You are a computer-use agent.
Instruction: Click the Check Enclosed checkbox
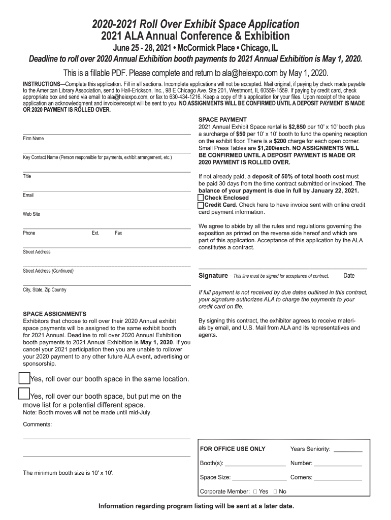(201, 198)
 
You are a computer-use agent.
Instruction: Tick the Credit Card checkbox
(201, 205)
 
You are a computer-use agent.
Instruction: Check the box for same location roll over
(24, 378)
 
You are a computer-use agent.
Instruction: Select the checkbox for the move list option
(24, 394)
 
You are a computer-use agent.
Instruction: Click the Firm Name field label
(33, 139)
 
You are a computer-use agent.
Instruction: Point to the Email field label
(28, 196)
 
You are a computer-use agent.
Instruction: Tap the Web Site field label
(31, 214)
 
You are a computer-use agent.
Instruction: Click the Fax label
(118, 233)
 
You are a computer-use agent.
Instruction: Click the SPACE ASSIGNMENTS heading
(54, 314)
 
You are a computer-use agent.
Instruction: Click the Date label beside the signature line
(349, 276)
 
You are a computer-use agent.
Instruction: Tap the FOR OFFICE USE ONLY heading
(233, 449)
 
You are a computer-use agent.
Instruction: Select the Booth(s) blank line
(255, 464)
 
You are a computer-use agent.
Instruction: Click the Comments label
(37, 425)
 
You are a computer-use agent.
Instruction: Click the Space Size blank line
(259, 478)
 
